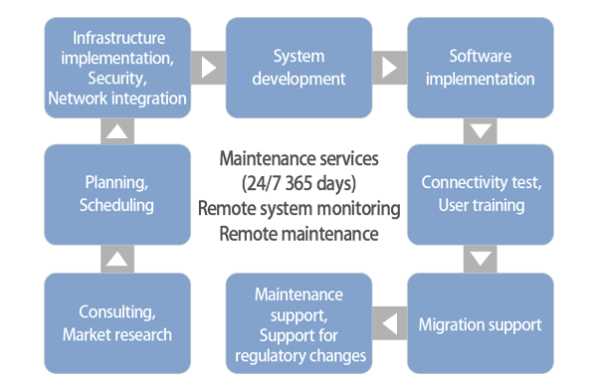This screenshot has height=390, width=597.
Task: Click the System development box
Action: (x=298, y=68)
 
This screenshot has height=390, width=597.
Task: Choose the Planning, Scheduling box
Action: (x=117, y=195)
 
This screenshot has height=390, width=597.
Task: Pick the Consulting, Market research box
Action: (x=117, y=324)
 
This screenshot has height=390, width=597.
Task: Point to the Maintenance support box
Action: (x=298, y=324)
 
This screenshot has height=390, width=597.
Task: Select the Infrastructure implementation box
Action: (x=117, y=68)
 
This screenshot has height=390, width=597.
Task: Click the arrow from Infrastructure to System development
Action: (x=209, y=68)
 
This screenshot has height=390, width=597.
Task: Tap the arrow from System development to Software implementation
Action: (x=389, y=68)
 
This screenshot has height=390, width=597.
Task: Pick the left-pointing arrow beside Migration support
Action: (x=389, y=324)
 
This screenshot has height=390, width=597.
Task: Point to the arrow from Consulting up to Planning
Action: (x=117, y=259)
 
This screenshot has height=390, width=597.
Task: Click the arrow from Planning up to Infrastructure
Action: (x=117, y=131)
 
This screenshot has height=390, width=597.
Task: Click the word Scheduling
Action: (x=117, y=206)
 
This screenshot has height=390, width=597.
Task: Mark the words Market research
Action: (x=117, y=335)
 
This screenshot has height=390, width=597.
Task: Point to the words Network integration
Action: (x=117, y=97)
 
